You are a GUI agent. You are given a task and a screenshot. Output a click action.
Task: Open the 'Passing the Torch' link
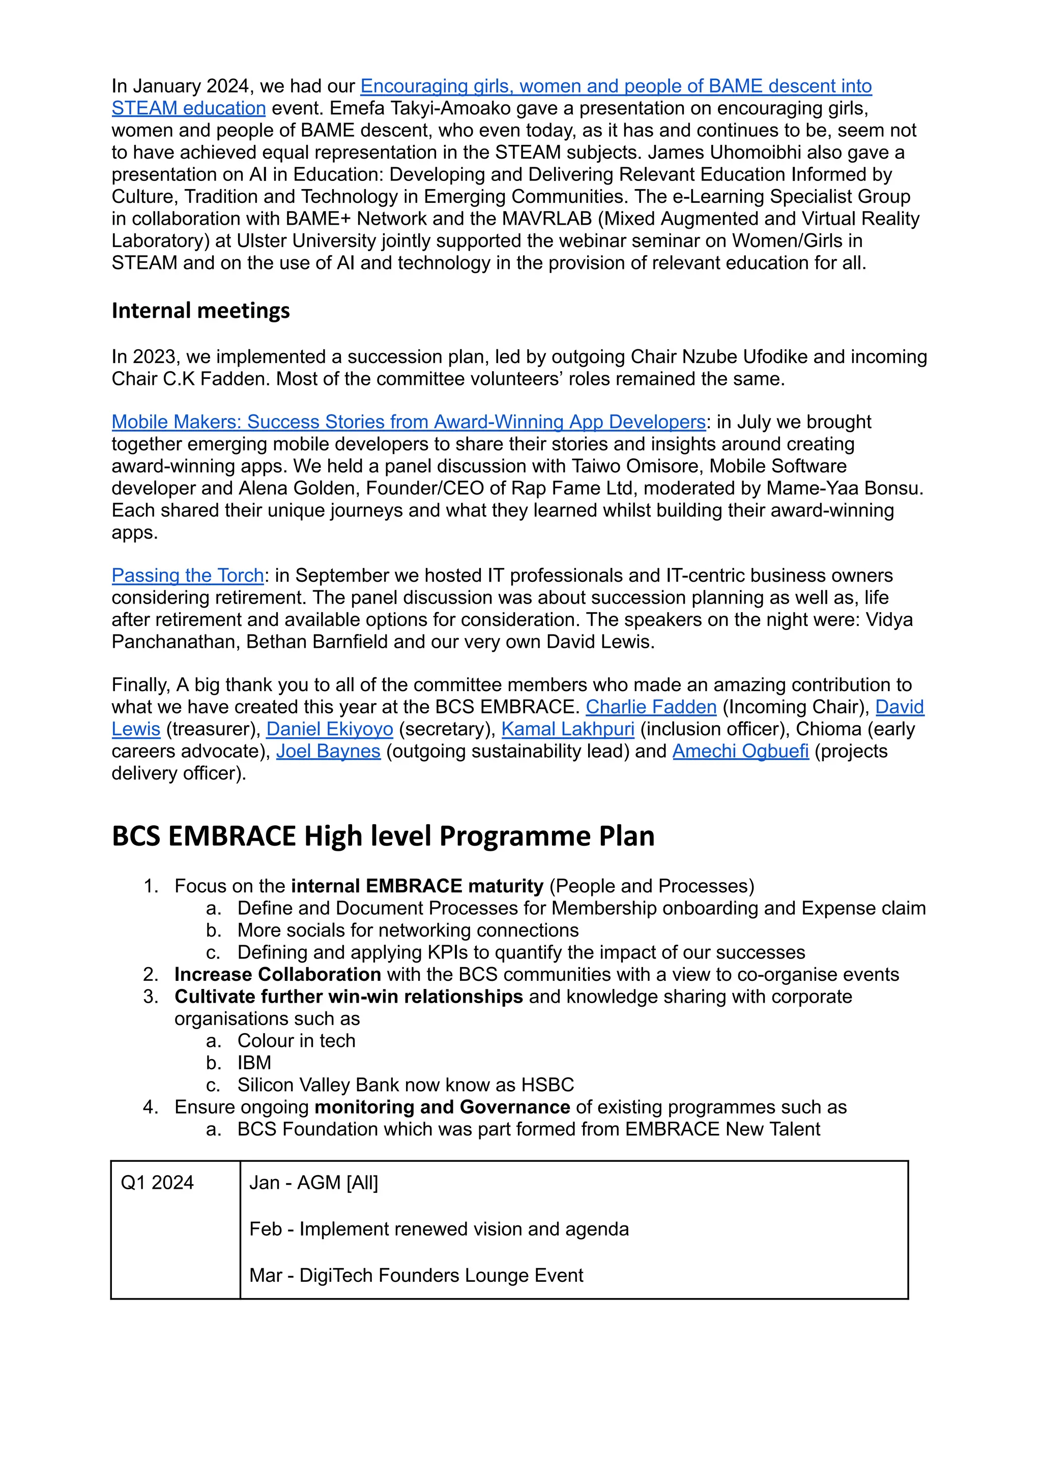pos(187,575)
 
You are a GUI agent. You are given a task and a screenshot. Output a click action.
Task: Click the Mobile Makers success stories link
pos(408,422)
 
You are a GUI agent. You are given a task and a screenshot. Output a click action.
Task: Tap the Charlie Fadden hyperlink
pos(651,707)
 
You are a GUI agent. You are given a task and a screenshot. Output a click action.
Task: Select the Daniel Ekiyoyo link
pos(329,729)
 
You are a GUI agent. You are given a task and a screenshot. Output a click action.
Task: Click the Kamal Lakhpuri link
pos(567,729)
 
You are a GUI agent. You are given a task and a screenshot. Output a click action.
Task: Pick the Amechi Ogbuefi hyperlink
pos(740,751)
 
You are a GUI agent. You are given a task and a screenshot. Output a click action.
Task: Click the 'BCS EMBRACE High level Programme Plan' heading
pos(383,836)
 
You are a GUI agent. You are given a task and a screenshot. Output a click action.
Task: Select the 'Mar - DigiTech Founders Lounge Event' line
pos(416,1275)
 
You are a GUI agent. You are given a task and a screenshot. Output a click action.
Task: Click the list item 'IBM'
pos(254,1063)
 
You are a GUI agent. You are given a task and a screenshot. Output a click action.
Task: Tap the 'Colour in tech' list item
pos(296,1041)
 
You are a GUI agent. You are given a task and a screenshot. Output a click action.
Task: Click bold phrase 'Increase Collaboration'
pos(277,975)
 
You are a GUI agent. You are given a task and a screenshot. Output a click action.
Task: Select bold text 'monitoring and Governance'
pos(442,1107)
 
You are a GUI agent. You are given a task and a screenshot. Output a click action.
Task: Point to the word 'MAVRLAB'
pos(546,219)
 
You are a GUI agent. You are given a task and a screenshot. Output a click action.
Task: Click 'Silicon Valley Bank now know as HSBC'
pos(405,1085)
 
